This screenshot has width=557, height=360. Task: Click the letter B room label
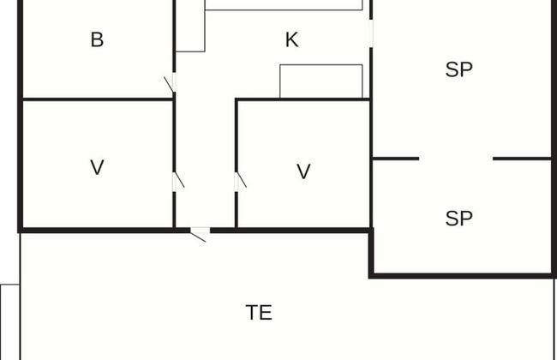[x=97, y=39]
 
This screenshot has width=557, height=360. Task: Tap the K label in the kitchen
[x=291, y=39]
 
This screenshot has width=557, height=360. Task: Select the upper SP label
[x=459, y=70]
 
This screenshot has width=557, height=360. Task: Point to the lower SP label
[x=459, y=219]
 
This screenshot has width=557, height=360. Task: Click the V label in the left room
[x=97, y=167]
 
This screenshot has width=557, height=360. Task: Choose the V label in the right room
[x=303, y=172]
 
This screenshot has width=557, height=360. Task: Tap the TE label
[x=259, y=313]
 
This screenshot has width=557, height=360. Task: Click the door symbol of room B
[x=171, y=83]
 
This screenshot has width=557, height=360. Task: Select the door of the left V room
[x=177, y=182]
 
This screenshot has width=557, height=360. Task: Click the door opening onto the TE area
[x=200, y=232]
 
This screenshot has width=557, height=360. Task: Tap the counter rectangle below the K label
[x=321, y=81]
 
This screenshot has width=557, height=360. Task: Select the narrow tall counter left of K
[x=190, y=26]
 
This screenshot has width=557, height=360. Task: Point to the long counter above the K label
[x=284, y=4]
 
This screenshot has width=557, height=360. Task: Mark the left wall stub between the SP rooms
[x=396, y=159]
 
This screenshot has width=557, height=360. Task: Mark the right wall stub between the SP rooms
[x=522, y=159]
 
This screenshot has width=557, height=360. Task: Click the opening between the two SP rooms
[x=456, y=159]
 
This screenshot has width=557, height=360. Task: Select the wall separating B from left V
[x=97, y=99]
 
